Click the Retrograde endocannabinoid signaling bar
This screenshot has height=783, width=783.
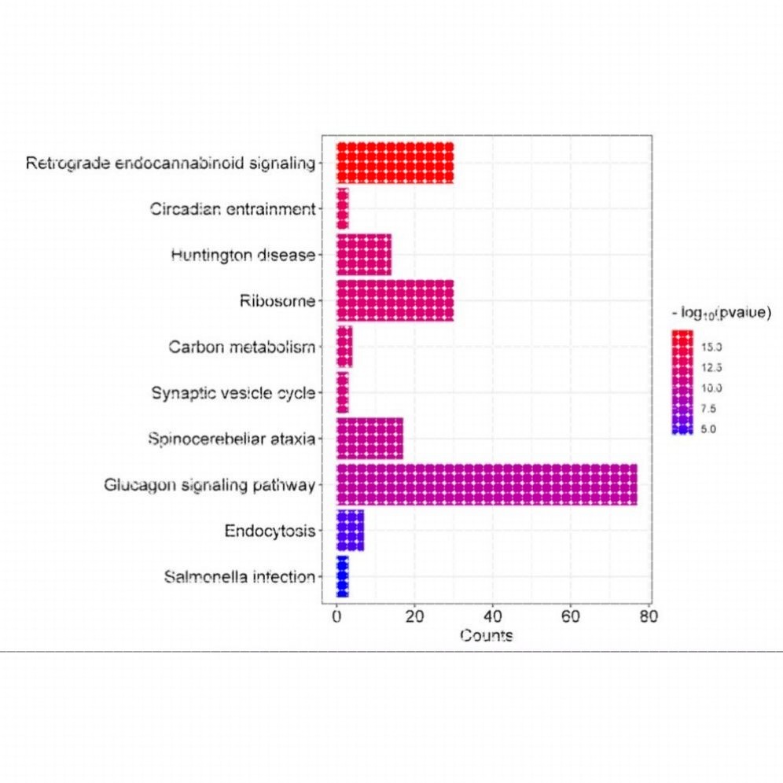(395, 164)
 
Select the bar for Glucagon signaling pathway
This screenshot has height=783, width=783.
(487, 484)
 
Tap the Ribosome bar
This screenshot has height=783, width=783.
(395, 301)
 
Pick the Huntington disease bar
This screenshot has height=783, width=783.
(363, 255)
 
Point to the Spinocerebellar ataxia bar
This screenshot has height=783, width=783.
(369, 439)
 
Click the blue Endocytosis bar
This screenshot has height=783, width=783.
(350, 531)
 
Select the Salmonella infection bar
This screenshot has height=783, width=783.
(342, 576)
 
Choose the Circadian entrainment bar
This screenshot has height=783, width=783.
(342, 209)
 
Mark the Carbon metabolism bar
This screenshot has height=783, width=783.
(344, 347)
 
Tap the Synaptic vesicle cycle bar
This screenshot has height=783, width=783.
(342, 392)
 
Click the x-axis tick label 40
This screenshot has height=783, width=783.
(493, 616)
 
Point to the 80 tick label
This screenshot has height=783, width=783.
(649, 616)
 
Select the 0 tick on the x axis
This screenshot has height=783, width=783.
(336, 616)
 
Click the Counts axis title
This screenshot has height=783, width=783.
(487, 635)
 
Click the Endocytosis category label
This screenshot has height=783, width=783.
(270, 531)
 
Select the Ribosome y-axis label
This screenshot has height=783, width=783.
(277, 301)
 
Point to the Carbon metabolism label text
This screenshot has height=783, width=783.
(242, 347)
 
